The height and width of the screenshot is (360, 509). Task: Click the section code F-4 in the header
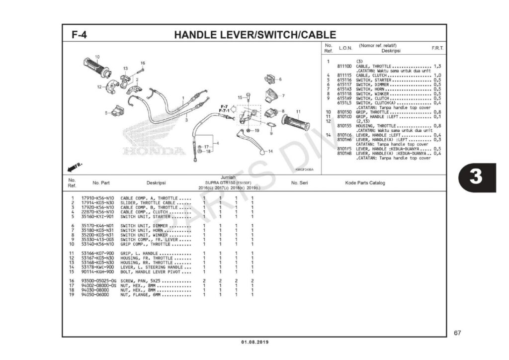click(80, 35)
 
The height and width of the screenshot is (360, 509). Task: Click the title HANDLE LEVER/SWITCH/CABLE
click(254, 35)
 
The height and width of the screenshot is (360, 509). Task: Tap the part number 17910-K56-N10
click(97, 198)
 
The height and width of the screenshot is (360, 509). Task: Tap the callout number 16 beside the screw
click(142, 63)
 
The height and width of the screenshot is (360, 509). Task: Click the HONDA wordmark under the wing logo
click(149, 151)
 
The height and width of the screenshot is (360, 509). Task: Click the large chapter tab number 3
click(476, 177)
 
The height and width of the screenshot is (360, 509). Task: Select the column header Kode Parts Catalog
click(365, 183)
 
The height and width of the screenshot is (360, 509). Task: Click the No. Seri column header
click(299, 183)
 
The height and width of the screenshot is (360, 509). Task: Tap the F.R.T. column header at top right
click(437, 48)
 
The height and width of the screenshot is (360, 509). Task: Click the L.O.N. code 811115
click(344, 75)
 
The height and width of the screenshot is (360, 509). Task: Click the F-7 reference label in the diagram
click(224, 106)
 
